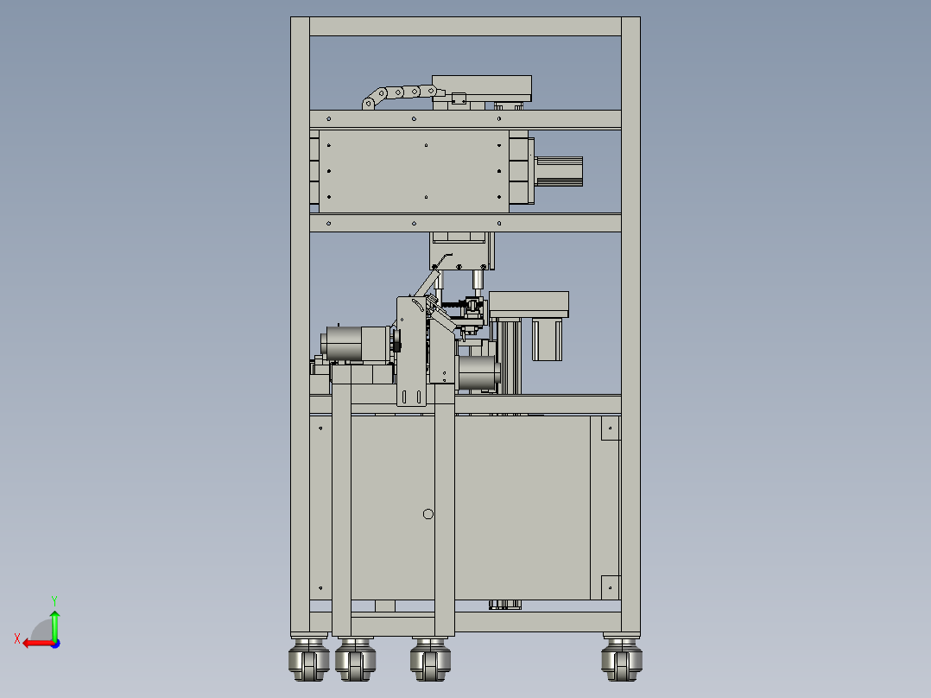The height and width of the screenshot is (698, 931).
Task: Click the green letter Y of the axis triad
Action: tap(54, 600)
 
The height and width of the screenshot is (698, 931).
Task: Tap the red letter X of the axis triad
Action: tap(17, 638)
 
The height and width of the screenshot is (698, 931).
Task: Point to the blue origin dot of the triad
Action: tap(55, 644)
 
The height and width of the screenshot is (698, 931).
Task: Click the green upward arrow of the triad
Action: tap(54, 625)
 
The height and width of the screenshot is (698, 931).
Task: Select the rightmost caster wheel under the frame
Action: tap(622, 658)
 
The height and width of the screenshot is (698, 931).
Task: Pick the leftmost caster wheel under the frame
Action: tap(309, 658)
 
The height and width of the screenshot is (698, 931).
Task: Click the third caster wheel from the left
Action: tap(430, 658)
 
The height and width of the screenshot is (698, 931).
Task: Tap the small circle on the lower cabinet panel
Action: tap(428, 514)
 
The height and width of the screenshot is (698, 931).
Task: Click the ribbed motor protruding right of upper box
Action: tap(559, 171)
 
